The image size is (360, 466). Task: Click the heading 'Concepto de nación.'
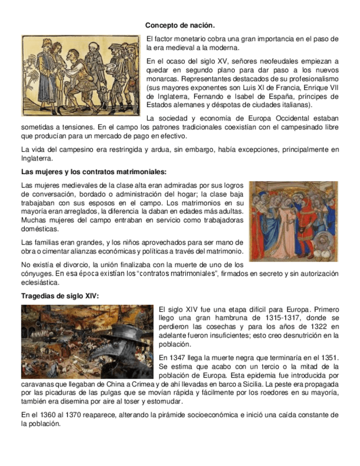point(180,26)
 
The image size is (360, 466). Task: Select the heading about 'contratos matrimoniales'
point(93,172)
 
